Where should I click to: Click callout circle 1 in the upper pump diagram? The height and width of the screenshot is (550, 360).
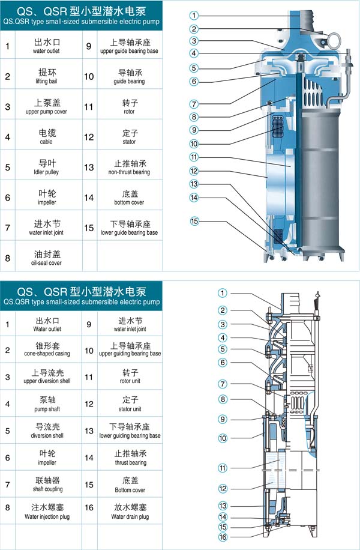[x=194, y=15]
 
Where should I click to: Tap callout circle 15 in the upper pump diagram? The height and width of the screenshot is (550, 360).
[x=194, y=222]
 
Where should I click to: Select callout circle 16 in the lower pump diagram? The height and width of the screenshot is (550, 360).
[x=222, y=536]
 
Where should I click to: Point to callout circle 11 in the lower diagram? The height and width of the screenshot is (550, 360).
[x=222, y=468]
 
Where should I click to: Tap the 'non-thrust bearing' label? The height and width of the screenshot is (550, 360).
[x=129, y=172]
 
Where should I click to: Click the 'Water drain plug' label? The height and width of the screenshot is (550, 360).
[x=130, y=516]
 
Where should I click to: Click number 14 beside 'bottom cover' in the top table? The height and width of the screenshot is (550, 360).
[x=89, y=198]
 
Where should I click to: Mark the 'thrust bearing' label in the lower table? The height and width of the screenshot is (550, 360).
[x=130, y=462]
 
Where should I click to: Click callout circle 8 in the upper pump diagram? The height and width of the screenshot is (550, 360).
[x=194, y=116]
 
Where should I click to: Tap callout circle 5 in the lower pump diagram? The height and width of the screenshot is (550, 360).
[x=222, y=349]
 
